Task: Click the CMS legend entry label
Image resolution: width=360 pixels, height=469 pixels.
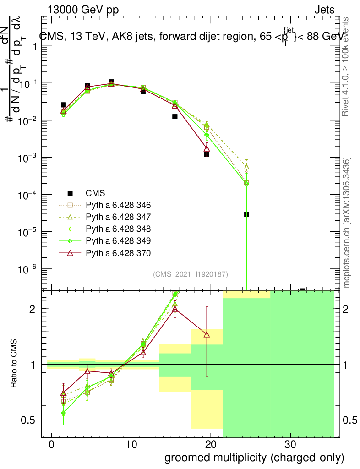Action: click(95, 193)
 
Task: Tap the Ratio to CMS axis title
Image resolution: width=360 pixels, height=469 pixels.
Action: click(14, 365)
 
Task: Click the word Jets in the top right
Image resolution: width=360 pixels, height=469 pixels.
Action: click(324, 10)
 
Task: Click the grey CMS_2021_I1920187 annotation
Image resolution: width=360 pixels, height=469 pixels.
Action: click(191, 274)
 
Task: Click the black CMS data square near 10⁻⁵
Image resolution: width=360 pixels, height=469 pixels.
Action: click(246, 214)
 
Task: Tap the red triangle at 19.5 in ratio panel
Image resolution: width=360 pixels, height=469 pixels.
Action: click(207, 334)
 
